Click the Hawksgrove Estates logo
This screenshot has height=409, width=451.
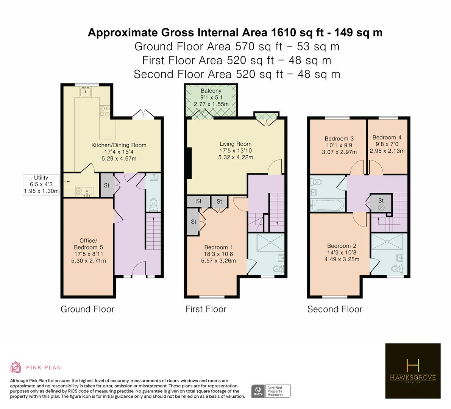click(x=413, y=371)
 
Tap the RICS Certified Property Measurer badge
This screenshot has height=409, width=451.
click(x=271, y=391)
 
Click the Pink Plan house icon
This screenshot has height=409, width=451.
click(x=16, y=367)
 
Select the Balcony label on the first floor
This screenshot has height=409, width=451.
click(x=211, y=91)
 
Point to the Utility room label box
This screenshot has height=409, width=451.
click(x=41, y=185)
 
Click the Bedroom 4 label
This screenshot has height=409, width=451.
click(x=387, y=137)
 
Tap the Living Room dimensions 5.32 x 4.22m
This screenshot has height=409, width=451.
click(x=236, y=157)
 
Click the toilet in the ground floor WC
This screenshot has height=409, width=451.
click(x=154, y=204)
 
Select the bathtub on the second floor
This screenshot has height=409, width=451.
click(x=327, y=205)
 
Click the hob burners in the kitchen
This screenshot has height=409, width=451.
click(x=105, y=111)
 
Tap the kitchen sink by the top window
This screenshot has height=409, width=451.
click(x=85, y=92)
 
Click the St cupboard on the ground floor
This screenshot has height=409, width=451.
click(x=107, y=185)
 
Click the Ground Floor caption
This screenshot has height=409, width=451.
click(x=87, y=309)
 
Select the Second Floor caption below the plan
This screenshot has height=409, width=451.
click(x=335, y=309)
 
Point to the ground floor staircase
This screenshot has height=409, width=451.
click(x=154, y=231)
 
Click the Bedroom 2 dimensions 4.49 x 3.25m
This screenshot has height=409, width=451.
click(x=342, y=259)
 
